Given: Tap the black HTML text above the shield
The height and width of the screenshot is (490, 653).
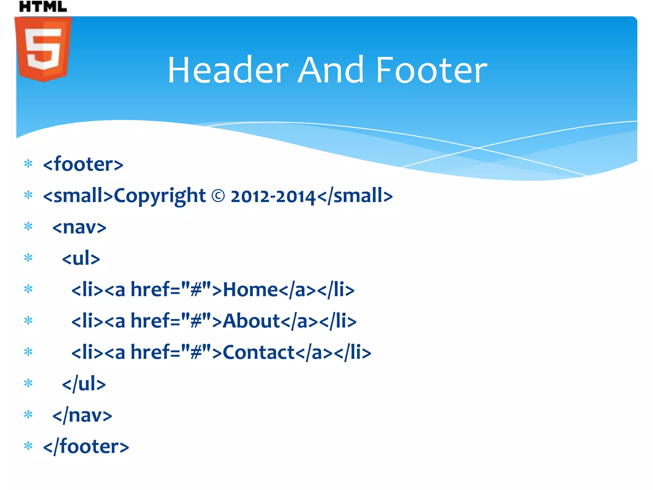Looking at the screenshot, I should (x=43, y=6).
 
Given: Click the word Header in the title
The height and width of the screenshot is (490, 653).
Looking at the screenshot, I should (x=228, y=70).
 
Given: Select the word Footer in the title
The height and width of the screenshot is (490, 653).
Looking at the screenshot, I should (x=431, y=70).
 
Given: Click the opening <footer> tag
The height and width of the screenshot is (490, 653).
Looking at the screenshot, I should (x=83, y=164).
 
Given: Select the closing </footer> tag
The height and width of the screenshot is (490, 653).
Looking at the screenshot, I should (x=86, y=446).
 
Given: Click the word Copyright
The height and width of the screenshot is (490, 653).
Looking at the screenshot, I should (x=160, y=196).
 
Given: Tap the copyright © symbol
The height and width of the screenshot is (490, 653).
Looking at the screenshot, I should (x=218, y=196).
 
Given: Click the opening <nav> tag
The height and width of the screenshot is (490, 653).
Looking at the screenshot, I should (x=79, y=227).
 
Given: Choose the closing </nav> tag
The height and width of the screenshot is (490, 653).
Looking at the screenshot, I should (x=82, y=415).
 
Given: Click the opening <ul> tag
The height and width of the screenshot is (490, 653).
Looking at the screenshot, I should (x=81, y=258).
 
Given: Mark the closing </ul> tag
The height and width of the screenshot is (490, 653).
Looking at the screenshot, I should (x=84, y=384).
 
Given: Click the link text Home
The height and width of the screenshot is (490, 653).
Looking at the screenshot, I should (x=250, y=290).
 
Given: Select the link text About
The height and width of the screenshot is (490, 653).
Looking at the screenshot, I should (x=251, y=321).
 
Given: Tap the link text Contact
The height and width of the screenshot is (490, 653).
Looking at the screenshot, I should (x=259, y=353).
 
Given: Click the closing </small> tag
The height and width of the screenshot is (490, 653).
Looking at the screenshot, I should (x=355, y=196).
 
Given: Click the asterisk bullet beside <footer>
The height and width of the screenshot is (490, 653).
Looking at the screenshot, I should (x=28, y=164).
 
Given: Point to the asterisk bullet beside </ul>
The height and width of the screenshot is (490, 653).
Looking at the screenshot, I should (x=28, y=383).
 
